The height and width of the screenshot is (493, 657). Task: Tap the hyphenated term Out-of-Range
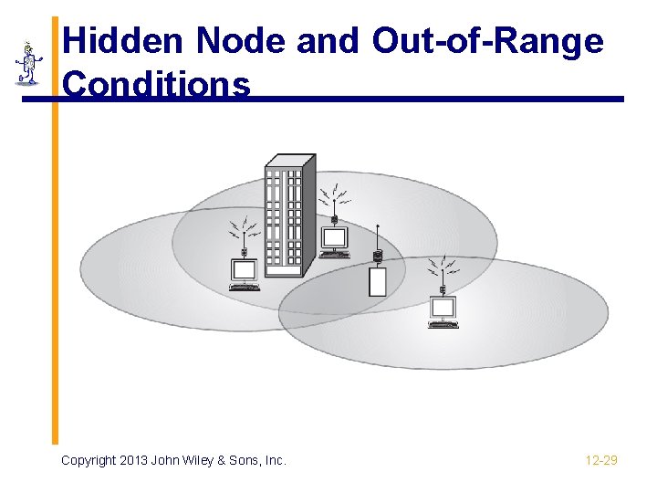point(488,42)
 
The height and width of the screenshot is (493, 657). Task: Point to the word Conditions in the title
point(157,85)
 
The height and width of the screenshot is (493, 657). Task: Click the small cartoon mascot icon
point(28,63)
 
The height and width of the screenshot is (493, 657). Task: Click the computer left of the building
point(245,270)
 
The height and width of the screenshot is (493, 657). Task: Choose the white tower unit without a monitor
point(378,281)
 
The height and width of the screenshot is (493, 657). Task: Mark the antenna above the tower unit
point(378,240)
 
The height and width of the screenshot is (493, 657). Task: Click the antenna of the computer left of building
point(245,234)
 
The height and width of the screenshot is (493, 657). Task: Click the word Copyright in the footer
point(89,461)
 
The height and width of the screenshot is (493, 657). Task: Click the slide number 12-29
point(601,461)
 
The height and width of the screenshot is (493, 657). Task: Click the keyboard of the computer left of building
point(245,287)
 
